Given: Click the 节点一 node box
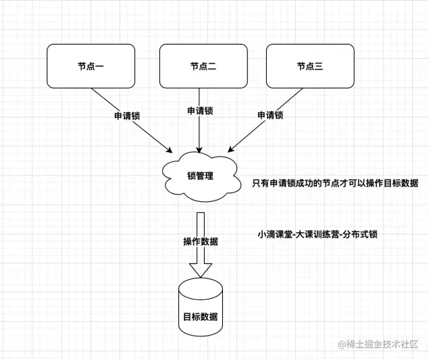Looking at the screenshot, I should point(90,66).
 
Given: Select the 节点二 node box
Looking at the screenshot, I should point(203,66).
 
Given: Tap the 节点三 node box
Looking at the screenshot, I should point(310,66).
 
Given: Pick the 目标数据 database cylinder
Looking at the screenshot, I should point(200,307).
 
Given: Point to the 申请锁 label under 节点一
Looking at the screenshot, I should point(126,115).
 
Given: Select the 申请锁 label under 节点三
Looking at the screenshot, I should point(270,115).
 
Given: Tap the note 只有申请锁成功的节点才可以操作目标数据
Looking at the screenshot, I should point(336,183).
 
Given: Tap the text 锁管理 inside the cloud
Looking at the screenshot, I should point(200,176).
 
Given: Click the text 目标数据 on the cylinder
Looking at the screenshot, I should point(200,317).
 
